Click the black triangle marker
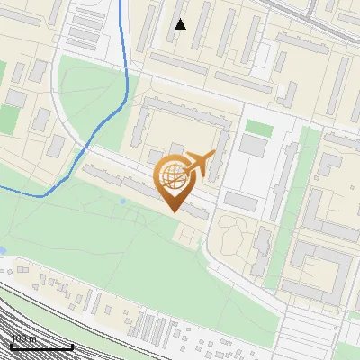tap(181, 24)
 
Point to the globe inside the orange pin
tap(172, 175)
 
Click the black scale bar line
tap(41, 346)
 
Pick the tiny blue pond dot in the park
tap(122, 201)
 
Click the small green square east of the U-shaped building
tap(259, 128)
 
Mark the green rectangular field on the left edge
tap(11, 118)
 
